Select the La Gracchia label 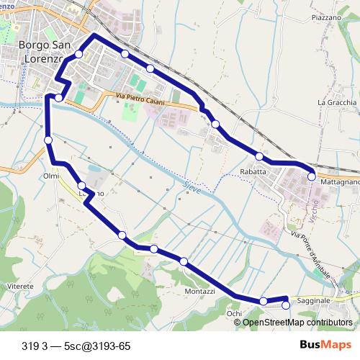(337, 102)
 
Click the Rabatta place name (253, 172)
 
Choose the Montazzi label (199, 291)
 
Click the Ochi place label (234, 314)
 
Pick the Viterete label (20, 287)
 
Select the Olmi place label (51, 176)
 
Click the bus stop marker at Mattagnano (312, 176)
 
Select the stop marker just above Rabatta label (259, 156)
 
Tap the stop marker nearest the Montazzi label (184, 261)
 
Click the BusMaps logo (326, 346)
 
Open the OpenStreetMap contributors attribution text (297, 323)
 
